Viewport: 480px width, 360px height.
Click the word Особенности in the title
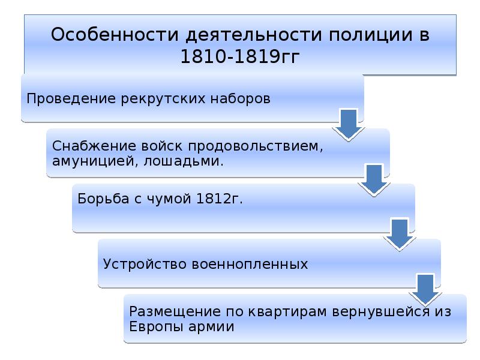(x=115, y=34)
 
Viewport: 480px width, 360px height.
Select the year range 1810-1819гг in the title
(x=240, y=56)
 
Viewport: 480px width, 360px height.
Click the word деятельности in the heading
(x=254, y=34)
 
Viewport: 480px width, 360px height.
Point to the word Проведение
(x=71, y=98)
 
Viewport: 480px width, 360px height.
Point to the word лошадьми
(x=184, y=161)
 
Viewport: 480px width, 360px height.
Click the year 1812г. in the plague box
(x=219, y=199)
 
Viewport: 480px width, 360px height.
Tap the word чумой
(x=169, y=199)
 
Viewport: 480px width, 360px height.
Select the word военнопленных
(x=250, y=264)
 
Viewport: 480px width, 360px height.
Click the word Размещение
(x=175, y=311)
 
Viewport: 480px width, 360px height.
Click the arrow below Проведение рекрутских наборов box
(x=349, y=125)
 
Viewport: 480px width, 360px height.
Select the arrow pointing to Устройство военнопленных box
(x=400, y=235)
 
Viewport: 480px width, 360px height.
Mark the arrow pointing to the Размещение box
(x=425, y=290)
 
